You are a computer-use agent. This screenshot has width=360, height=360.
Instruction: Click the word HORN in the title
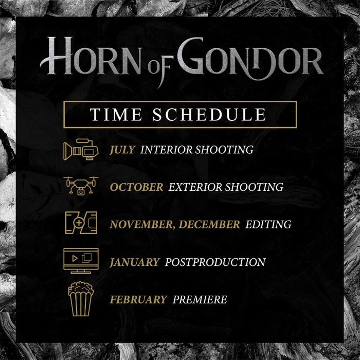point(91,56)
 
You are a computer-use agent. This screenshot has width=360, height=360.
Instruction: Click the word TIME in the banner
point(116,114)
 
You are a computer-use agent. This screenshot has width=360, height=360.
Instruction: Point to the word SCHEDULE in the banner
point(209,114)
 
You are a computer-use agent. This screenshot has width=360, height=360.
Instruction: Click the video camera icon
point(81,150)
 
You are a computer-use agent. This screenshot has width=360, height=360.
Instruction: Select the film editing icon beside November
point(81,223)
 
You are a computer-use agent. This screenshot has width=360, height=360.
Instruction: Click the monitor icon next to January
point(81,261)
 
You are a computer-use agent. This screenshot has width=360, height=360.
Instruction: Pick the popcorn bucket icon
point(81,299)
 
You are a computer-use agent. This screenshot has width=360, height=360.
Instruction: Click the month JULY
point(122,150)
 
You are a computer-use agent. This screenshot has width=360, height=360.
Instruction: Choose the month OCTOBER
point(137,187)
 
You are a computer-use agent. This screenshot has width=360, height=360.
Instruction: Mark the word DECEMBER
point(209,225)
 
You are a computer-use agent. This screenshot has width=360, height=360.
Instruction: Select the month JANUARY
point(135,262)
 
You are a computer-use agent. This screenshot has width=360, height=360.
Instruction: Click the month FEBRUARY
point(138,300)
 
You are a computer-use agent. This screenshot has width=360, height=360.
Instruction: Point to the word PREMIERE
point(200,300)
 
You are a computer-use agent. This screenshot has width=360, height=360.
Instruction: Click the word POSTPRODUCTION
point(215,262)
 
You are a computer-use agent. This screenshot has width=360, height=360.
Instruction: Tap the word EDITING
point(268,225)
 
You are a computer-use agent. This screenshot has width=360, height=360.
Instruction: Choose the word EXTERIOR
point(195,187)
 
